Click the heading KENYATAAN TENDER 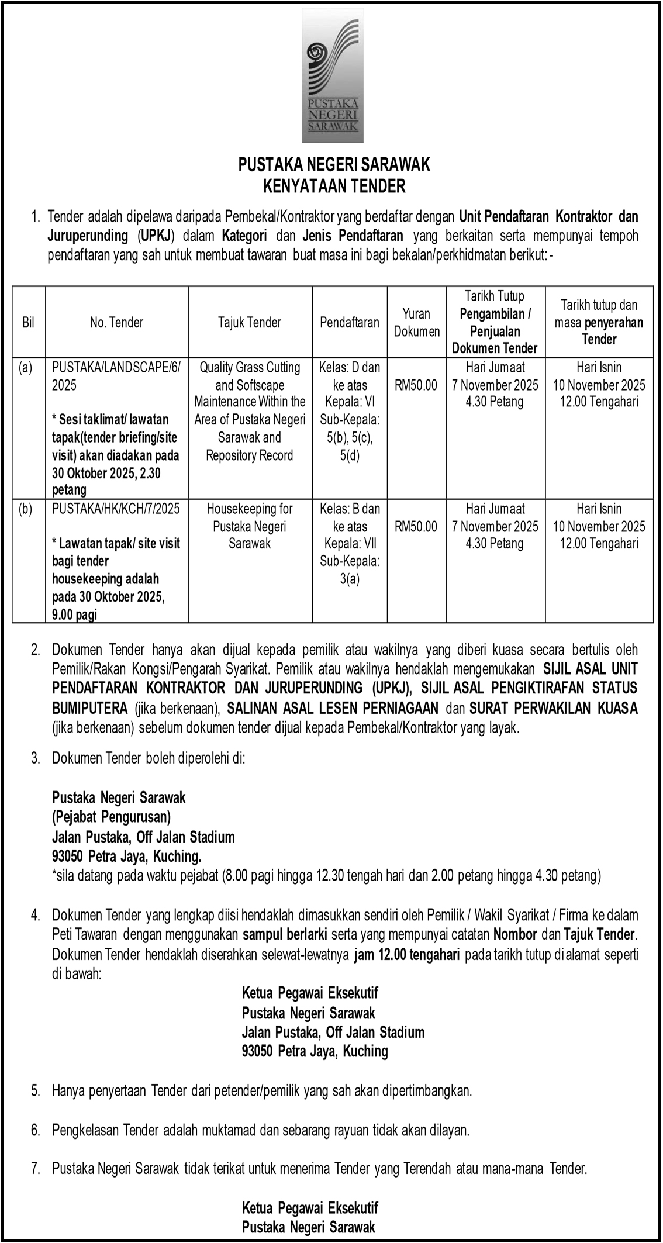pos(334,187)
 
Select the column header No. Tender pos(117,322)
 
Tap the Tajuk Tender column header pos(250,322)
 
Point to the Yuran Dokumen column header pos(416,322)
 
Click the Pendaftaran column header pos(350,322)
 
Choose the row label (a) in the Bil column pos(25,368)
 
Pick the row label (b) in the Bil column pos(25,509)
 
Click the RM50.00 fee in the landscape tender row pos(416,385)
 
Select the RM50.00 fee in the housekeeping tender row pos(416,526)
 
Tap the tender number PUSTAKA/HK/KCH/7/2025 pos(116,509)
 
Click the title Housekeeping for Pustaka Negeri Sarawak pos(250,526)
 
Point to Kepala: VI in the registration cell pos(350,403)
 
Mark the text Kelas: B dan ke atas pos(350,517)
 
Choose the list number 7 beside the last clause pos(36,1169)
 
